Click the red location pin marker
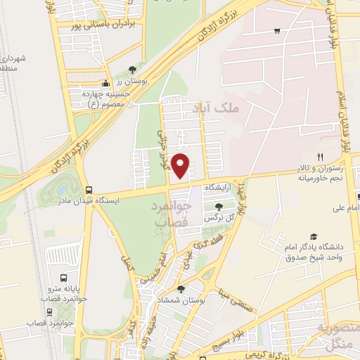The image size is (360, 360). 181,165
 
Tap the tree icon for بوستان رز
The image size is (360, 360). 131,70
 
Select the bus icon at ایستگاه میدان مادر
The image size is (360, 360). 89,190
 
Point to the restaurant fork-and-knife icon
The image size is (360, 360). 321,157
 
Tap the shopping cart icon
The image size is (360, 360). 277,31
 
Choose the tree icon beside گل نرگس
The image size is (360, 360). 219,206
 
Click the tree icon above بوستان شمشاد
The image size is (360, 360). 181,288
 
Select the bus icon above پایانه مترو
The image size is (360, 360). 64,278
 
